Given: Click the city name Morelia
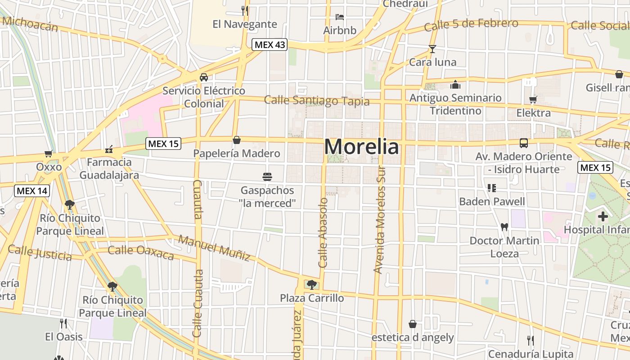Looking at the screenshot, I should [x=361, y=147].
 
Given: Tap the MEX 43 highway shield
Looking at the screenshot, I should [x=269, y=45].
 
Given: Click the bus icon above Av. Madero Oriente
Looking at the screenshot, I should [x=524, y=143].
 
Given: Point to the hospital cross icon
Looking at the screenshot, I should [x=603, y=217].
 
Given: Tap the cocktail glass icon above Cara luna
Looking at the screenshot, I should [x=432, y=49].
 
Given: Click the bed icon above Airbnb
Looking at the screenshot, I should [x=340, y=18].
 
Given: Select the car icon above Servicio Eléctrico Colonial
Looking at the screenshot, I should [x=204, y=77].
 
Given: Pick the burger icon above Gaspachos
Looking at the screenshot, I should [x=267, y=176].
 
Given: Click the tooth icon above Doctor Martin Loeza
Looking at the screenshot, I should [x=504, y=227].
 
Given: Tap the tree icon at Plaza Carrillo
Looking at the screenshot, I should [x=311, y=284].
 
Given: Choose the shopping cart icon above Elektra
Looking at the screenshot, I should [x=533, y=99].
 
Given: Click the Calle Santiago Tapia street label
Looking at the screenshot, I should [x=317, y=101].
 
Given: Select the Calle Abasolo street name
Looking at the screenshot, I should [x=323, y=233].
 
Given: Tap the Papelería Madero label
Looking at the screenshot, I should [x=237, y=153].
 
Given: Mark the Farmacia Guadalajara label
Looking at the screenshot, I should [x=109, y=168].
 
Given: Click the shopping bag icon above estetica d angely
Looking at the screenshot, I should [x=413, y=324].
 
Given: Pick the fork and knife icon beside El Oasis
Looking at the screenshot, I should [x=63, y=323].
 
